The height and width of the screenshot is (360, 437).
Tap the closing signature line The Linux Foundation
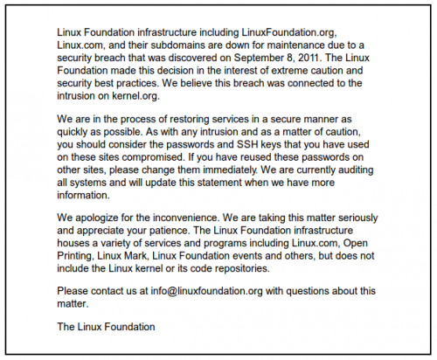[x=106, y=327]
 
